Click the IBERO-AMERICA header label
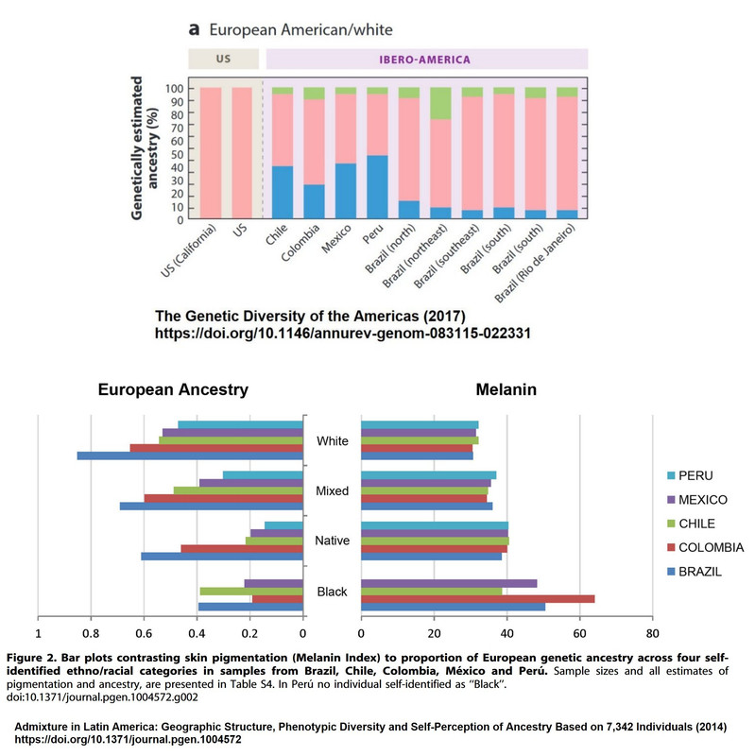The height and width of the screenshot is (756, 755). click(427, 59)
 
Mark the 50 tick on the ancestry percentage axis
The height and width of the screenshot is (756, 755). click(176, 154)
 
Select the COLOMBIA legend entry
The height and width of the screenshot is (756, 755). click(710, 548)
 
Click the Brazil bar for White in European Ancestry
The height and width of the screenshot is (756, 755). click(190, 455)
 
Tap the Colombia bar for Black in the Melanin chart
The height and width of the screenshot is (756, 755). click(477, 598)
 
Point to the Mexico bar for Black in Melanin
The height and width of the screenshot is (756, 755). click(449, 583)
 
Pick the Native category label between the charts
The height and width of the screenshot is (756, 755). click(332, 541)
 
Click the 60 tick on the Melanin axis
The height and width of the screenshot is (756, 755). click(578, 635)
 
